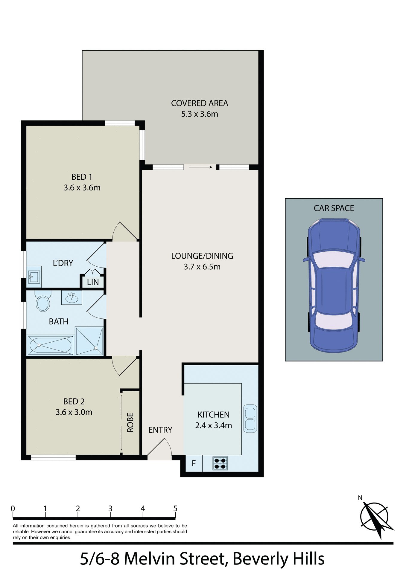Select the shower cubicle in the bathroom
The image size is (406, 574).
pos(89,341)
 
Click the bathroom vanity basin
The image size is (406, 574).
pos(72,297)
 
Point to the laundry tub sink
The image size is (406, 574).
pos(34,277)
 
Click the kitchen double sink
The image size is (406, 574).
pos(250,419)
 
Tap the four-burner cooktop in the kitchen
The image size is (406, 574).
pos(220,463)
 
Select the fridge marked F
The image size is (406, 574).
pos(194,463)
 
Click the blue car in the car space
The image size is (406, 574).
pos(334,286)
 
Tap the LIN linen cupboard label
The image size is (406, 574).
pos(93,282)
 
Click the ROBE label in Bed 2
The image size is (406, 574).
pos(130,422)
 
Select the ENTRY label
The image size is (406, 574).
pos(160,430)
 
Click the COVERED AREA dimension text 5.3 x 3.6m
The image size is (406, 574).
pos(200,114)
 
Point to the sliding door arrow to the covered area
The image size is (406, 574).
pos(201,167)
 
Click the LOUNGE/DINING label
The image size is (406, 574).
pos(202,256)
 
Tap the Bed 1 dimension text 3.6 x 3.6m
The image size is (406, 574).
pos(82,188)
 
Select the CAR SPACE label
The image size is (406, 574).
pos(334,208)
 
